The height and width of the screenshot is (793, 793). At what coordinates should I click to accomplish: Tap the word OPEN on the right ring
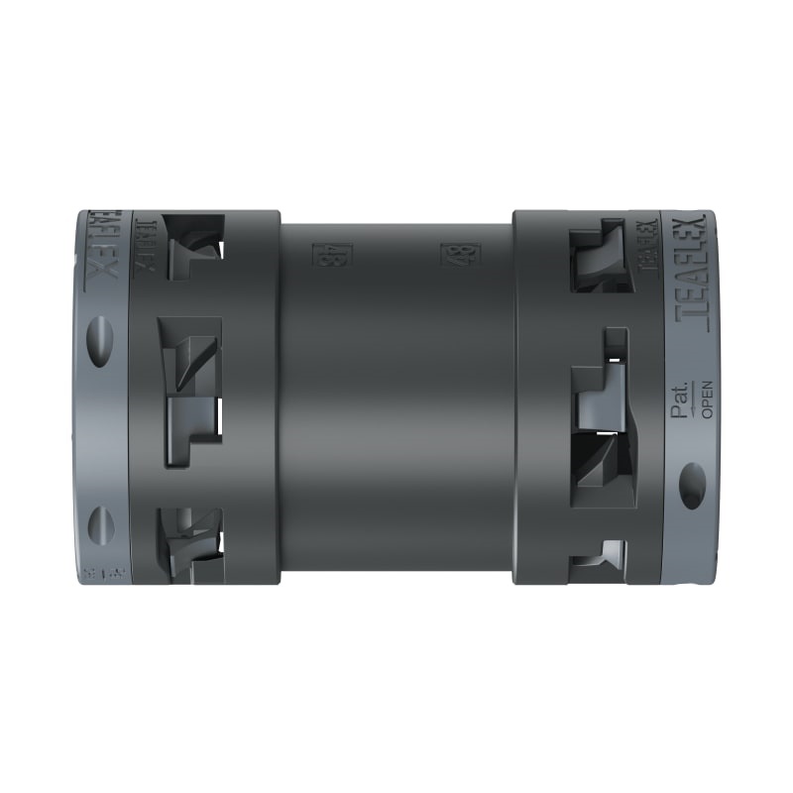coord(708,398)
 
